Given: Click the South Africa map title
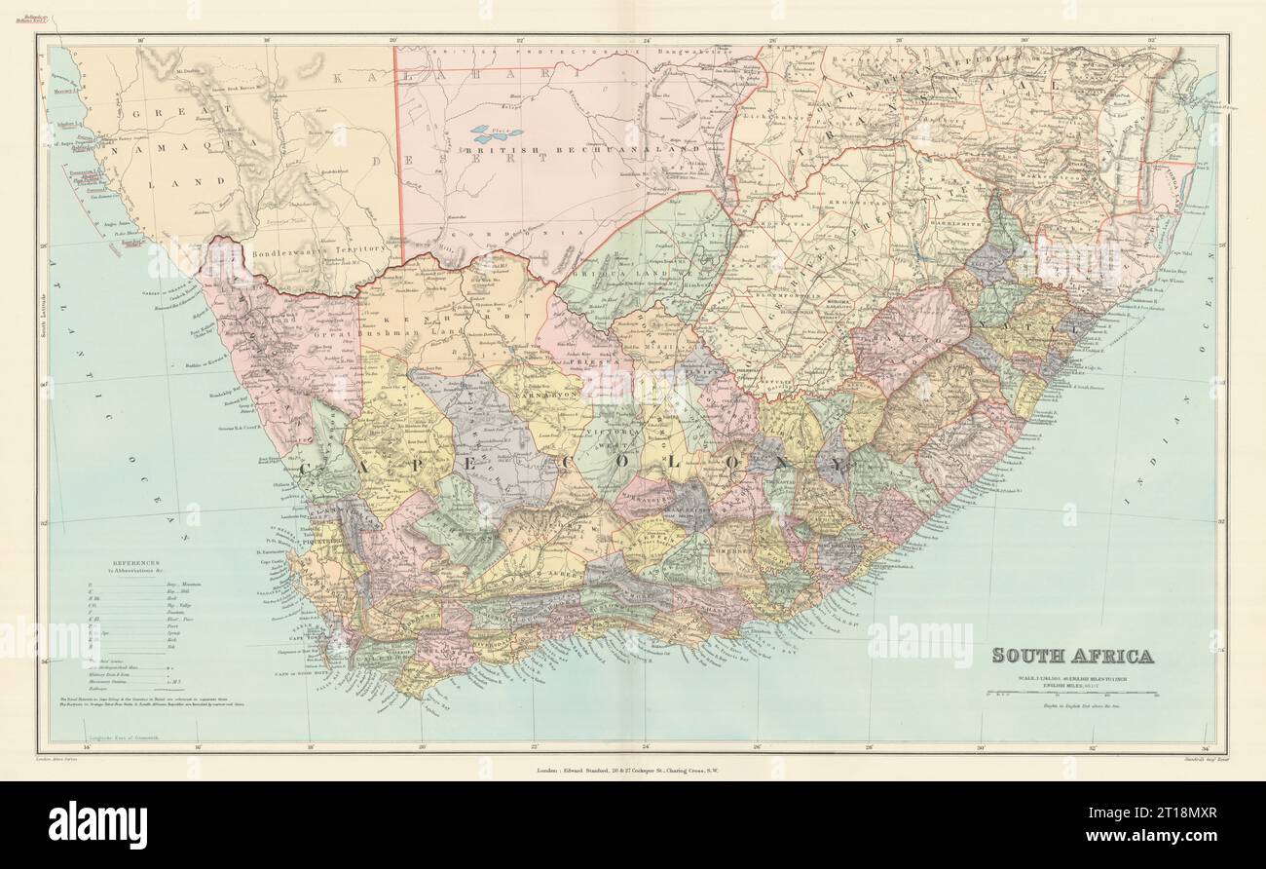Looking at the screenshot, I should [1073, 655].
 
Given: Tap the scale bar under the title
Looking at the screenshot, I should [1071, 694].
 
